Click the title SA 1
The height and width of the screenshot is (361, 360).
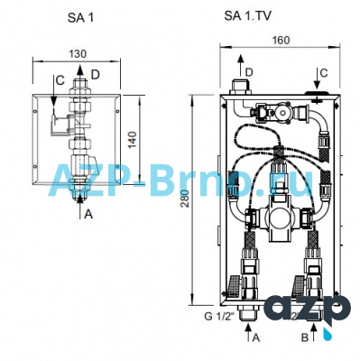(x=80, y=18)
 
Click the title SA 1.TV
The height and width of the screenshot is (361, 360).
(x=247, y=15)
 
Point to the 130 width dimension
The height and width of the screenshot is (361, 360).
(x=78, y=54)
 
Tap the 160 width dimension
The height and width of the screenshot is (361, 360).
(x=281, y=40)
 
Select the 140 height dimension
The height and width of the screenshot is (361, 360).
(x=133, y=139)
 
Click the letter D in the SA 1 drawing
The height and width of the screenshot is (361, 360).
(x=95, y=74)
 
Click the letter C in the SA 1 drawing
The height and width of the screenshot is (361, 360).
(x=60, y=80)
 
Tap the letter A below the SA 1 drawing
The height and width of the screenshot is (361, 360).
(x=88, y=214)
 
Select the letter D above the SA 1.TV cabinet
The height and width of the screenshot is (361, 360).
(x=249, y=72)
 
